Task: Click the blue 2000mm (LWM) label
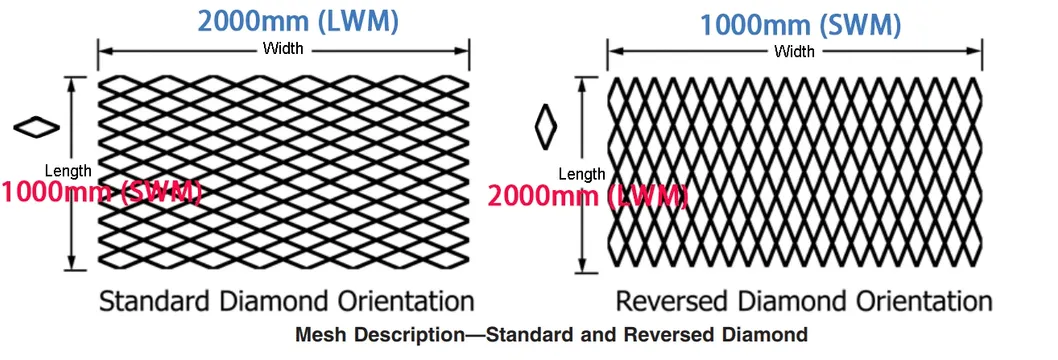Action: pyautogui.click(x=284, y=19)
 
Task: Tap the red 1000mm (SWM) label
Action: pyautogui.click(x=101, y=190)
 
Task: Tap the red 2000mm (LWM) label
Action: pyautogui.click(x=587, y=195)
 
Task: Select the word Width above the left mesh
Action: pyautogui.click(x=283, y=49)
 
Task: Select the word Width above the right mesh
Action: pyautogui.click(x=795, y=50)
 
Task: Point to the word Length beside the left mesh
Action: pyautogui.click(x=68, y=171)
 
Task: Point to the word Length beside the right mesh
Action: pyautogui.click(x=581, y=174)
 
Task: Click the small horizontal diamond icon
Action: pyautogui.click(x=37, y=126)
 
